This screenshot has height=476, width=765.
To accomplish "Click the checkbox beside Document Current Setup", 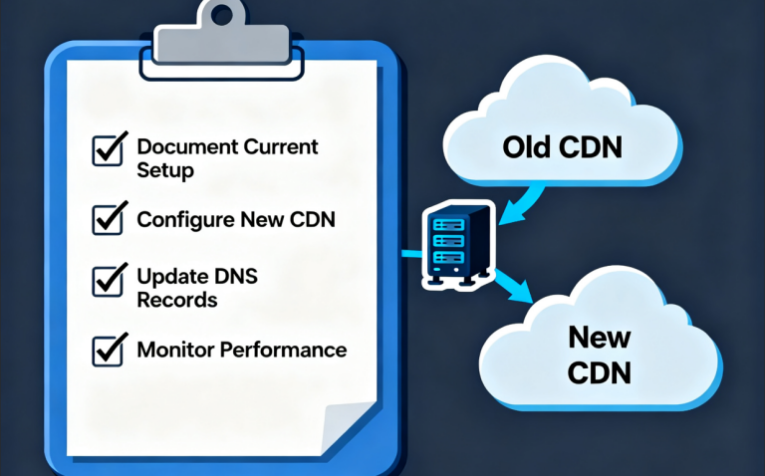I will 108,149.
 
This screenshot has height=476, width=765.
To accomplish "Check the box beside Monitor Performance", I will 108,350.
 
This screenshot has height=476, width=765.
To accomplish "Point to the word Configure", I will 184,220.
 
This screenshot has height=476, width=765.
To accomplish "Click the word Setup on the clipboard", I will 164,170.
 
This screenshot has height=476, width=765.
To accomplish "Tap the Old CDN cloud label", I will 562,148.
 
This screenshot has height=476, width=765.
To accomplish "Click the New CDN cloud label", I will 600,354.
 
